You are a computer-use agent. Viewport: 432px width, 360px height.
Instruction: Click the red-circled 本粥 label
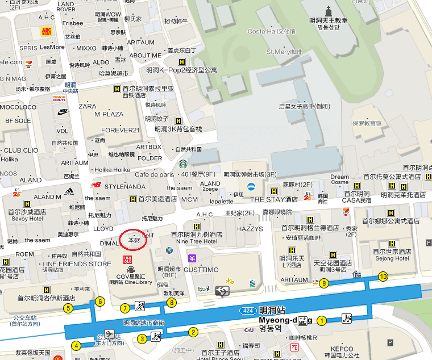(134, 240)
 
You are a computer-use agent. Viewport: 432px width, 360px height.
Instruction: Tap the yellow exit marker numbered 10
(383, 277)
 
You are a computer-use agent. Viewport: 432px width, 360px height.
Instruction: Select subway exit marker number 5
(68, 308)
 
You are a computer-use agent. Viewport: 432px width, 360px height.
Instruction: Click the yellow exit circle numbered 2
(193, 332)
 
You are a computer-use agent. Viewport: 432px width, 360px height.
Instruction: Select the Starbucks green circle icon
(183, 164)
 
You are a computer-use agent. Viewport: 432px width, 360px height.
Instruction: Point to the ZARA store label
(88, 106)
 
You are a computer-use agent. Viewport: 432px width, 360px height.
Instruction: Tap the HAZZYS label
(250, 229)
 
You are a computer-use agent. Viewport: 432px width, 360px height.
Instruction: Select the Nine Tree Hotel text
(197, 241)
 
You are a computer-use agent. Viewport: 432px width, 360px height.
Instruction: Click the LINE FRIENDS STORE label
(77, 264)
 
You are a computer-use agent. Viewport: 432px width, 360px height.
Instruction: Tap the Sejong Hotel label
(392, 258)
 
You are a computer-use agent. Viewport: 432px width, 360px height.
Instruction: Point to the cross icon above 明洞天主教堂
(329, 10)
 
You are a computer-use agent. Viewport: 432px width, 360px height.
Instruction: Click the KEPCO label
(342, 349)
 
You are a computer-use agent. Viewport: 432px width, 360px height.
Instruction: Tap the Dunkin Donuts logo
(60, 98)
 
